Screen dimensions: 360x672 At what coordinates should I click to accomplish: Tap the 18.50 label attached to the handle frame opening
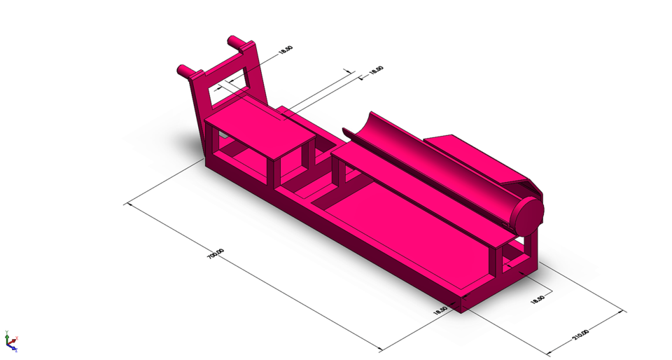286,50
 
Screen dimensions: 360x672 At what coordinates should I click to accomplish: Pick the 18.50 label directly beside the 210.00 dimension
538,298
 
